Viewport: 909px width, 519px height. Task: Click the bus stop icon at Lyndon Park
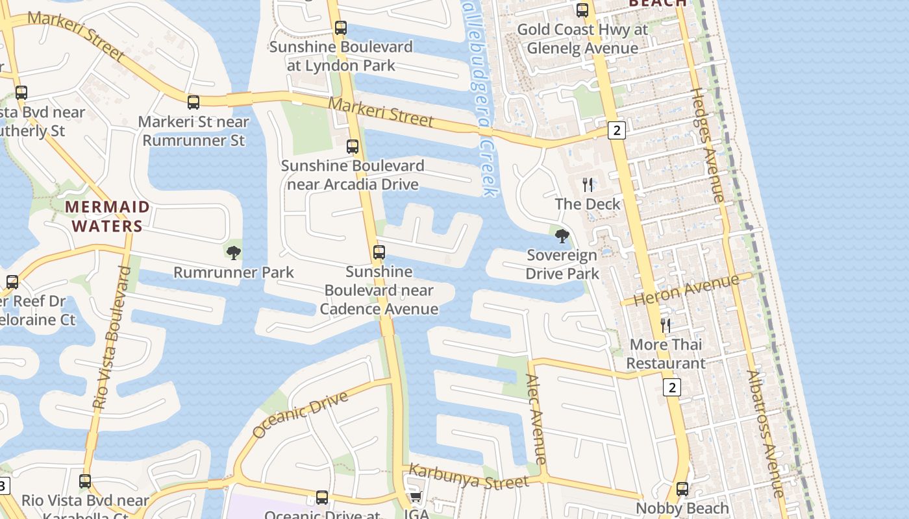pyautogui.click(x=341, y=28)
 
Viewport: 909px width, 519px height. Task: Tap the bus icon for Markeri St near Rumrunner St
pyautogui.click(x=193, y=102)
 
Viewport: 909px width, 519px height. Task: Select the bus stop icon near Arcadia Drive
pyautogui.click(x=353, y=146)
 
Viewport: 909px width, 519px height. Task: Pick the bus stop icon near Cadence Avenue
pyautogui.click(x=379, y=252)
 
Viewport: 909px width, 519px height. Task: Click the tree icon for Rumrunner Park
pyautogui.click(x=234, y=253)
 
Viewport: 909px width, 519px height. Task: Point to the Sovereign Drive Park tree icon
pyautogui.click(x=562, y=236)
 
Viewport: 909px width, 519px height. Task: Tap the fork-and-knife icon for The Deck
pyautogui.click(x=588, y=185)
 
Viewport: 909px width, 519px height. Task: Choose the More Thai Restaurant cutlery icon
pyautogui.click(x=666, y=325)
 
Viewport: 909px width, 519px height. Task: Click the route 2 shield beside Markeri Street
pyautogui.click(x=616, y=130)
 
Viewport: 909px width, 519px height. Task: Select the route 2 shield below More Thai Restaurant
pyautogui.click(x=672, y=388)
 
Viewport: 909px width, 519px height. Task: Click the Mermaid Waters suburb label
pyautogui.click(x=107, y=216)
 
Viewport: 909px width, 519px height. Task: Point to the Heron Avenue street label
pyautogui.click(x=686, y=290)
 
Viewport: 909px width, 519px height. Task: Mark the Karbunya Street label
pyautogui.click(x=469, y=477)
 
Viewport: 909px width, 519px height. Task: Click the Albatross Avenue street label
pyautogui.click(x=765, y=433)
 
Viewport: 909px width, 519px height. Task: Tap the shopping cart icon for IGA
pyautogui.click(x=416, y=498)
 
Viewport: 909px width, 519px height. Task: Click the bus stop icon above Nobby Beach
pyautogui.click(x=682, y=489)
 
